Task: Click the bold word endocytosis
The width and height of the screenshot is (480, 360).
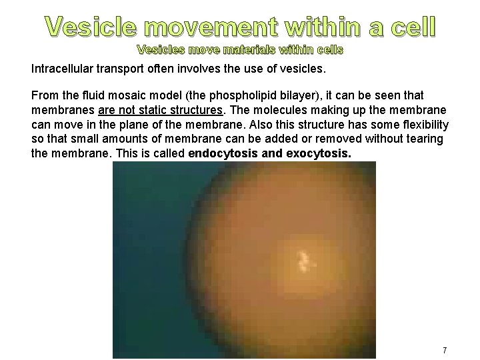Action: point(223,154)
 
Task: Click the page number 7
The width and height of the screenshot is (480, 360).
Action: point(445,350)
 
